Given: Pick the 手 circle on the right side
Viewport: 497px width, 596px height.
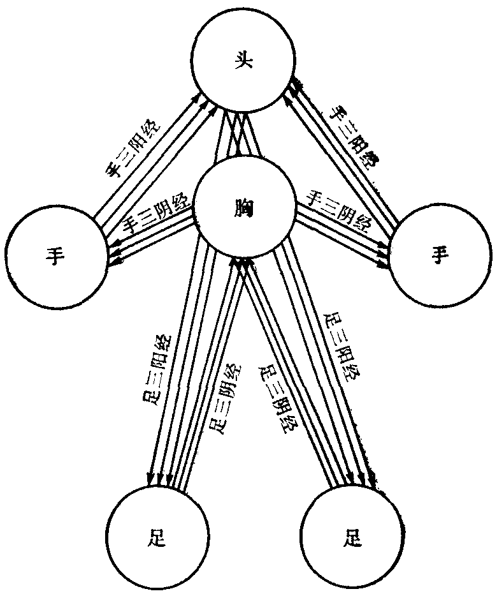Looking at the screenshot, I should pos(440,255).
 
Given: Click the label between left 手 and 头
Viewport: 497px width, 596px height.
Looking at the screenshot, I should pos(134,148).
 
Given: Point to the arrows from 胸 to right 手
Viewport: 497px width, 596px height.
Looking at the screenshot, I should pos(344,233).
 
